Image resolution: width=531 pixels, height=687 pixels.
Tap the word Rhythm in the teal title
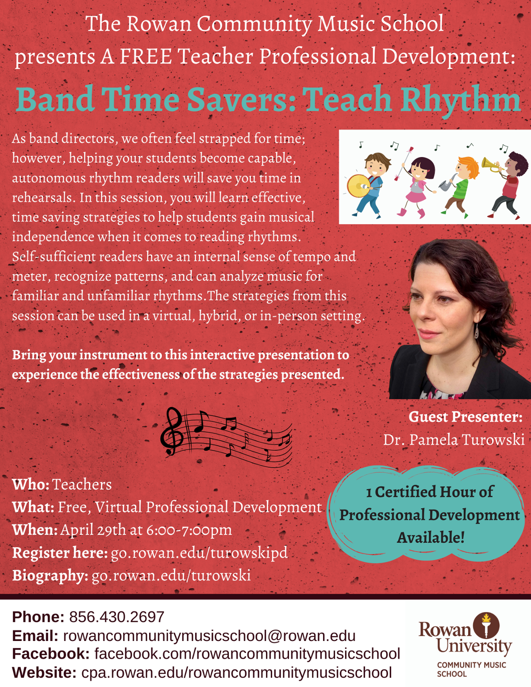pyautogui.click(x=461, y=100)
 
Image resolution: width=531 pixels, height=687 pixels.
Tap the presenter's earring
pyautogui.click(x=476, y=331)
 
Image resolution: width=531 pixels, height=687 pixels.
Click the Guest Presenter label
pyautogui.click(x=466, y=417)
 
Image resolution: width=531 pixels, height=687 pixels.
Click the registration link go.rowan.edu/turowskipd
pyautogui.click(x=199, y=553)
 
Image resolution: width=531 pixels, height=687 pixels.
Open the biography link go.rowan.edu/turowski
pyautogui.click(x=171, y=576)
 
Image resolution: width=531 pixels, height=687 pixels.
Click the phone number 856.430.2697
pyautogui.click(x=117, y=617)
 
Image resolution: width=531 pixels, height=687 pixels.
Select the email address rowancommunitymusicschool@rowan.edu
pyautogui.click(x=209, y=636)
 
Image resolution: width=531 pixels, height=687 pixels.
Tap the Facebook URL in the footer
pyautogui.click(x=247, y=654)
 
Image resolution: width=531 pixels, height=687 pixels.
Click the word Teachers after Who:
pyautogui.click(x=82, y=484)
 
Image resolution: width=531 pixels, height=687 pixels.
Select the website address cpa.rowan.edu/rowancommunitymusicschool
pyautogui.click(x=237, y=673)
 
